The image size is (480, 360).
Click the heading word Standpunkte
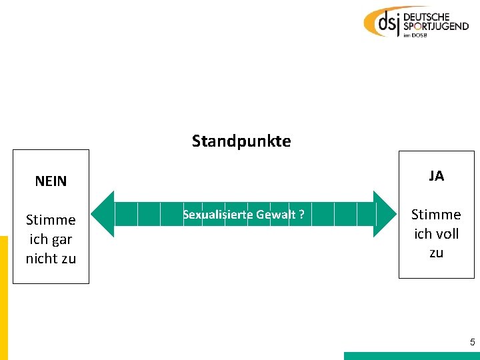click(x=241, y=141)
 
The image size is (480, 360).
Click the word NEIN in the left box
click(x=51, y=181)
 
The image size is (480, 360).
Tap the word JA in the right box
click(x=437, y=176)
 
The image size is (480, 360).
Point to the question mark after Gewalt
click(x=302, y=215)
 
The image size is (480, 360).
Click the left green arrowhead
click(x=102, y=214)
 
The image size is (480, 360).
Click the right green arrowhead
click(x=384, y=214)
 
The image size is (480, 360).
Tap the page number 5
click(x=472, y=343)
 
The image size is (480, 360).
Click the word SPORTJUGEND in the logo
click(x=434, y=27)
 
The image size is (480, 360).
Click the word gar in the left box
click(x=60, y=239)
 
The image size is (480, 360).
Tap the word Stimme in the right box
click(x=436, y=215)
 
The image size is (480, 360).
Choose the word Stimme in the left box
click(x=51, y=220)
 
